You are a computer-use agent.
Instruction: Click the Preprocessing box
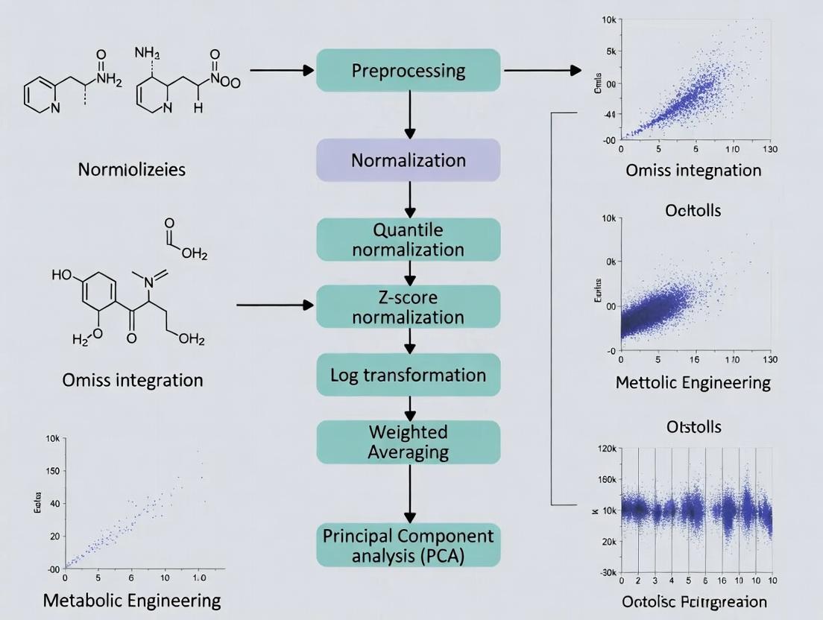408,71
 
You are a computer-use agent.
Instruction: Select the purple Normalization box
408,160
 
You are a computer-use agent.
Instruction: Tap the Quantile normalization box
408,239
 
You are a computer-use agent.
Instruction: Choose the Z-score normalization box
408,307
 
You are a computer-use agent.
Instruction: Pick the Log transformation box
408,375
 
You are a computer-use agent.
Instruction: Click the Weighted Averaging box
408,442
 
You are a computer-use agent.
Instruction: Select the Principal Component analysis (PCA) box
408,545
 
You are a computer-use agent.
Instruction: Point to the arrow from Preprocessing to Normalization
409,115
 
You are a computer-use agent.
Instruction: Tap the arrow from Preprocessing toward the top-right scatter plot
542,71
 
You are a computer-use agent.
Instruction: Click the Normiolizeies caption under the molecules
132,169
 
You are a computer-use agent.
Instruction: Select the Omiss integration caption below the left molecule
133,380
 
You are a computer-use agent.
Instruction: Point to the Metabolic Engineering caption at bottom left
132,600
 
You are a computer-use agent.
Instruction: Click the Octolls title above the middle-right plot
693,210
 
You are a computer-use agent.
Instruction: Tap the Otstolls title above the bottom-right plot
693,428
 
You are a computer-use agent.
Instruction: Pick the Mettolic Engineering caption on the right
693,383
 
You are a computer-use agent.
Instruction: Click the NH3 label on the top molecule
148,54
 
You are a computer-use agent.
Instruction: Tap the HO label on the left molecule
63,275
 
